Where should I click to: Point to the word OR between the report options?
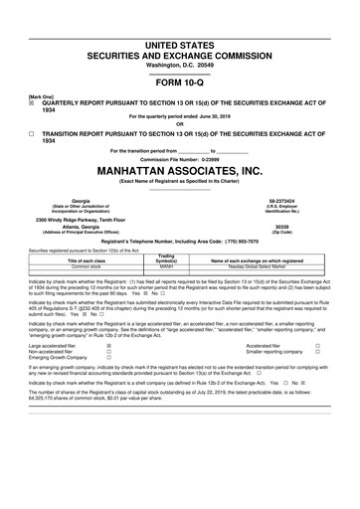(179, 123)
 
